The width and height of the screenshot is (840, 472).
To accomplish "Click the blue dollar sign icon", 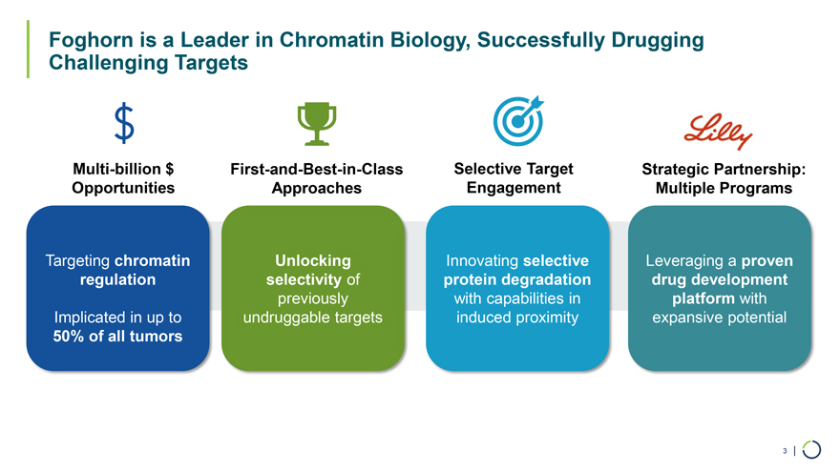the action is tap(124, 123).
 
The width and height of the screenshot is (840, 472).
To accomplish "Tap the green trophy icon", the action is tap(317, 124).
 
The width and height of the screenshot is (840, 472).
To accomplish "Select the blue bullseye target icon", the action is tap(518, 121).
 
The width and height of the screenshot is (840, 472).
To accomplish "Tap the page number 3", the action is tap(785, 451).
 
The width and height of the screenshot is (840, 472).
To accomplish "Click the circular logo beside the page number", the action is tap(811, 450).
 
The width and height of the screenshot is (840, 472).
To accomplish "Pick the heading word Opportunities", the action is tap(123, 189).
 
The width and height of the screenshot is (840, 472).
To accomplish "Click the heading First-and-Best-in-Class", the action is tap(317, 169).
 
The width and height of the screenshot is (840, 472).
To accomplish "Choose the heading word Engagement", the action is tap(514, 189).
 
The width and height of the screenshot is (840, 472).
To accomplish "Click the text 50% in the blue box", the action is tap(69, 337).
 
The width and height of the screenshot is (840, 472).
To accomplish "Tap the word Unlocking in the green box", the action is tap(313, 260).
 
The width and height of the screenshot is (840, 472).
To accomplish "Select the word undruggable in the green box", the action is tap(280, 318).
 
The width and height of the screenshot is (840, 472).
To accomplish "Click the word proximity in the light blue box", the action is tap(547, 318).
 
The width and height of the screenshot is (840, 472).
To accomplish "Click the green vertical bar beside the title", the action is tap(28, 50).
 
